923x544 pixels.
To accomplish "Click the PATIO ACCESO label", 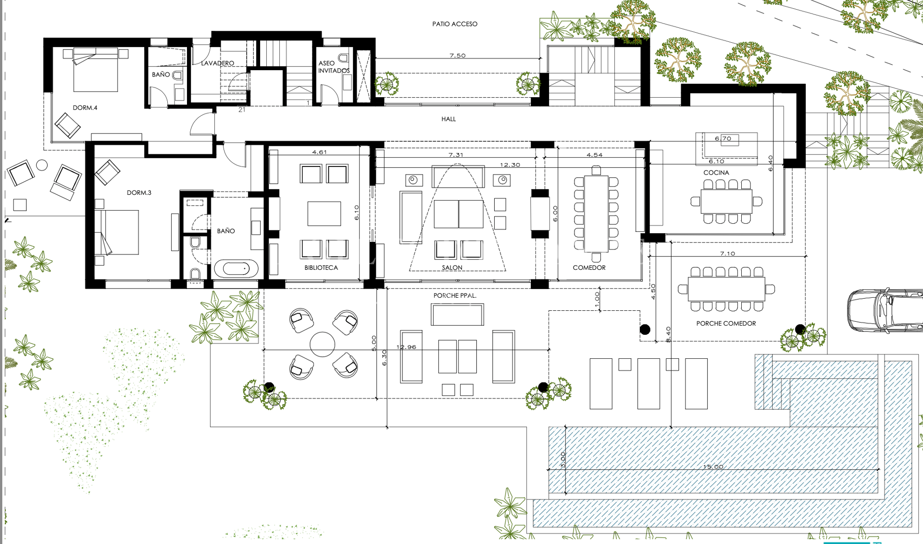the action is click(455, 24).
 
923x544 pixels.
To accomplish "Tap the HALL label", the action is click(449, 119).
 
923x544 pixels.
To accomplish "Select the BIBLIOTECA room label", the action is click(321, 268).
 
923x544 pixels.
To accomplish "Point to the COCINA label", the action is click(716, 173).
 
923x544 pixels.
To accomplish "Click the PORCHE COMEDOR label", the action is click(726, 324).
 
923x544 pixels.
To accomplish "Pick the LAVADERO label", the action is click(218, 63).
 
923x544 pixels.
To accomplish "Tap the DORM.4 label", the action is click(85, 108).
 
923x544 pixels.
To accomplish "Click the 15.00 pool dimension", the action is click(713, 467).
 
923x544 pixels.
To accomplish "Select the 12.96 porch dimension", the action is click(406, 347).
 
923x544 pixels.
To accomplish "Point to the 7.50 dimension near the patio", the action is click(458, 55).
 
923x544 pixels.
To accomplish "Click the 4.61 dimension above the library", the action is click(319, 152).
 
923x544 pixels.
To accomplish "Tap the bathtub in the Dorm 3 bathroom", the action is click(236, 268).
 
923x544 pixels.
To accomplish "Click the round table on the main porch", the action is click(322, 344).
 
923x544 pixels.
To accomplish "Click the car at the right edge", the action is click(885, 311).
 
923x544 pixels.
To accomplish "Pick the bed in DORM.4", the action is click(96, 70).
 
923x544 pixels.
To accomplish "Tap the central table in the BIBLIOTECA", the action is click(324, 214).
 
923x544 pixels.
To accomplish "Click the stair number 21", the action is click(242, 110).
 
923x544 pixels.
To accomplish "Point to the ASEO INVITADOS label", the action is click(334, 67).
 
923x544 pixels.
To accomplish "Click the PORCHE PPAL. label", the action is click(455, 296).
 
